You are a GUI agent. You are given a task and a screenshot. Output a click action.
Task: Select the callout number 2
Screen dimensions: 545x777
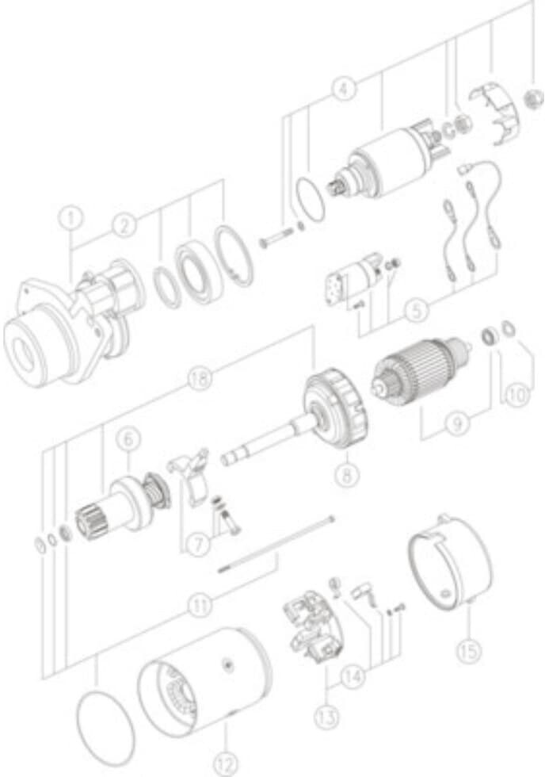coord(124,225)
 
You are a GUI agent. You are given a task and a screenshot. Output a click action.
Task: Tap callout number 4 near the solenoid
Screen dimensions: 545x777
coord(344,89)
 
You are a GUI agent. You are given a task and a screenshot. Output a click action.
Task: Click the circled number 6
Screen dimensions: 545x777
coord(128,439)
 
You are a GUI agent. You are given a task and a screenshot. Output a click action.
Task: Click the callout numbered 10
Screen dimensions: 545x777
coord(516,395)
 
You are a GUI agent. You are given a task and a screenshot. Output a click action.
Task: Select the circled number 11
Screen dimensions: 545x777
coord(200,605)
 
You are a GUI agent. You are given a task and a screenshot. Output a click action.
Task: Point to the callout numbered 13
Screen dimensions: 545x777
coord(327,716)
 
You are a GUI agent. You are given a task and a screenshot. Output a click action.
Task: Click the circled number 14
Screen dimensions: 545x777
coord(353,676)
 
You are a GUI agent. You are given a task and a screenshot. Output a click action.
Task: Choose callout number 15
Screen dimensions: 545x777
coord(468,649)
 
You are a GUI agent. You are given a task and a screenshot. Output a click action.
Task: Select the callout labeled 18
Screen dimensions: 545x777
coord(200,380)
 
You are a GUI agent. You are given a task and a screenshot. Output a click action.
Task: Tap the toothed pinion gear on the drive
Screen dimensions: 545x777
coord(87,522)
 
